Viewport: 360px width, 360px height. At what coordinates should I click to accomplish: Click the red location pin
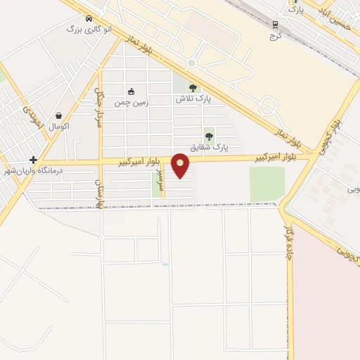click(181, 164)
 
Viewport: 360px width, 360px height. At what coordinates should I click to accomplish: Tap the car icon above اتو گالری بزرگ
click(88, 19)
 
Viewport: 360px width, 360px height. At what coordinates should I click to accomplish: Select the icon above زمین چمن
click(131, 91)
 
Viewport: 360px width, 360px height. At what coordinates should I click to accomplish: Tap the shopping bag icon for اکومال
click(58, 116)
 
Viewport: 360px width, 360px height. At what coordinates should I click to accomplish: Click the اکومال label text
click(59, 127)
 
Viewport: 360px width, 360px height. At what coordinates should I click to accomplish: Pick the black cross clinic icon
click(33, 160)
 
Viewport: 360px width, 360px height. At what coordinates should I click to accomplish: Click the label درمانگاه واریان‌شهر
click(34, 170)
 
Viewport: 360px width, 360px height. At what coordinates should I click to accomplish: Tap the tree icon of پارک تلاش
click(193, 89)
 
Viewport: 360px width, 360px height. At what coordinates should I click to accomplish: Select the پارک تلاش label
click(193, 99)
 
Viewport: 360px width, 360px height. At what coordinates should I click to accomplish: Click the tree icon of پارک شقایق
click(209, 136)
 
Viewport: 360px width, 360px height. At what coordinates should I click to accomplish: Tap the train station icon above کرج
click(276, 25)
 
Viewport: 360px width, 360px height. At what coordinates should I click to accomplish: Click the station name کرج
click(276, 35)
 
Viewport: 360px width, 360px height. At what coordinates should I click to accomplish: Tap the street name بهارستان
click(98, 189)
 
